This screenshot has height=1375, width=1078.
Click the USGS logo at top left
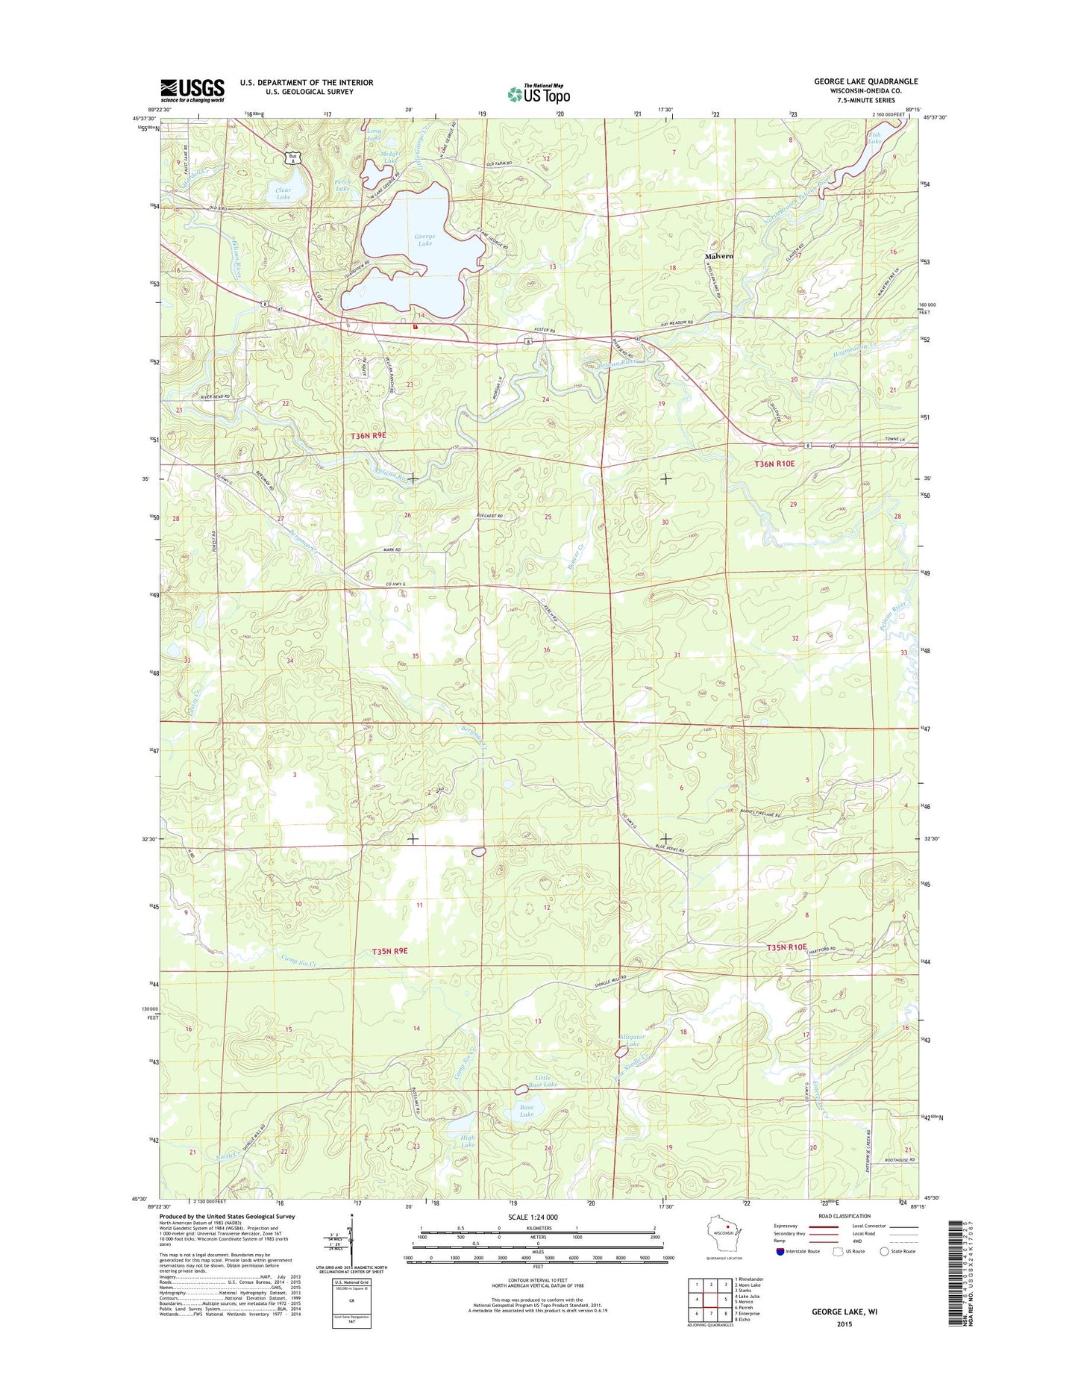tap(192, 90)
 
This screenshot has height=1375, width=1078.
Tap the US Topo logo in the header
tap(539, 94)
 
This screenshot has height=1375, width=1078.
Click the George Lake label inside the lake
tap(424, 240)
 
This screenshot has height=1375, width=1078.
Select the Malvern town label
tap(719, 256)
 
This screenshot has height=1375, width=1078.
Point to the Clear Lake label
tap(283, 193)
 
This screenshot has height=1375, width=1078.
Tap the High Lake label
tap(468, 1141)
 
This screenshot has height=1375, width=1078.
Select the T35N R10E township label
tap(786, 947)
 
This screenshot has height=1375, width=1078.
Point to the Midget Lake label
tap(392, 157)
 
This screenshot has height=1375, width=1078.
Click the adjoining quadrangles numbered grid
tap(710, 1300)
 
